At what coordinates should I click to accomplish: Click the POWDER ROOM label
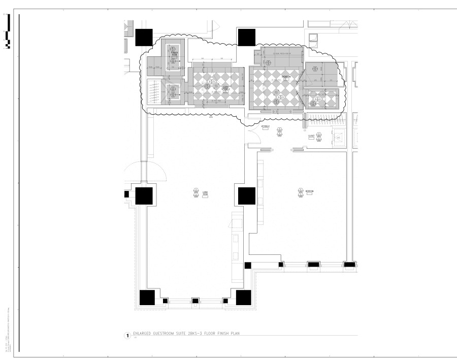(174, 52)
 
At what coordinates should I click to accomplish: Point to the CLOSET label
(311, 136)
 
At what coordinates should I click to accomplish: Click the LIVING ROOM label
(205, 193)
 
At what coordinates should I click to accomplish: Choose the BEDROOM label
(309, 191)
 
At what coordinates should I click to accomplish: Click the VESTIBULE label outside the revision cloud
(266, 125)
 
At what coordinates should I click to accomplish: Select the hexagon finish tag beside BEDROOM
(300, 191)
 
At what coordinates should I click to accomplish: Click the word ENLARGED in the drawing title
(142, 334)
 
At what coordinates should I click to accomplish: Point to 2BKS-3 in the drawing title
(192, 334)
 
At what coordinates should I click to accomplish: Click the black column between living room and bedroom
(247, 195)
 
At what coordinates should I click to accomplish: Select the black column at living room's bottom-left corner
(147, 298)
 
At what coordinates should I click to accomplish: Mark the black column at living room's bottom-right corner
(243, 298)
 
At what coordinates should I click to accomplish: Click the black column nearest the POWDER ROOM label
(144, 37)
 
